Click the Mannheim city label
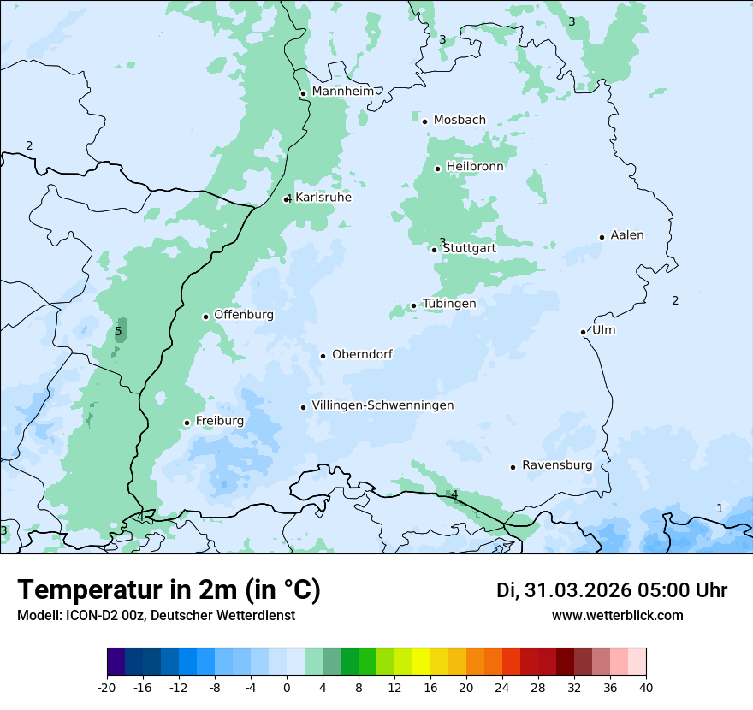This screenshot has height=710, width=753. [342, 92]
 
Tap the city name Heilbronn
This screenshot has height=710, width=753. [475, 167]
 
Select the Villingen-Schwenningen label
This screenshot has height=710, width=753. [382, 405]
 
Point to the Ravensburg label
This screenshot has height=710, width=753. [557, 465]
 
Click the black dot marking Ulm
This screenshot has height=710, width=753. [584, 332]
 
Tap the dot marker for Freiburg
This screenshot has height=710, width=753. [187, 423]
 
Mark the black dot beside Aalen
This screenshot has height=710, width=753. [602, 237]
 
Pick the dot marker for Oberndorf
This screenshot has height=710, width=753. [323, 356]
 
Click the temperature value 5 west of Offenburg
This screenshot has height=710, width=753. [118, 331]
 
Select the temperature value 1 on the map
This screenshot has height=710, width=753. [720, 508]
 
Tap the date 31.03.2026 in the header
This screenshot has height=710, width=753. [576, 590]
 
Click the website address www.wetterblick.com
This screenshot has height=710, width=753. [617, 615]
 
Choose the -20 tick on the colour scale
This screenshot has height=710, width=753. [107, 688]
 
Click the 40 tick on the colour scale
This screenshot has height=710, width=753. [645, 688]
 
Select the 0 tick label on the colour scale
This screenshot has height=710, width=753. [287, 688]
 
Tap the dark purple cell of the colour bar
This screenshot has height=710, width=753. [116, 662]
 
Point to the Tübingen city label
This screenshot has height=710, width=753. [449, 304]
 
